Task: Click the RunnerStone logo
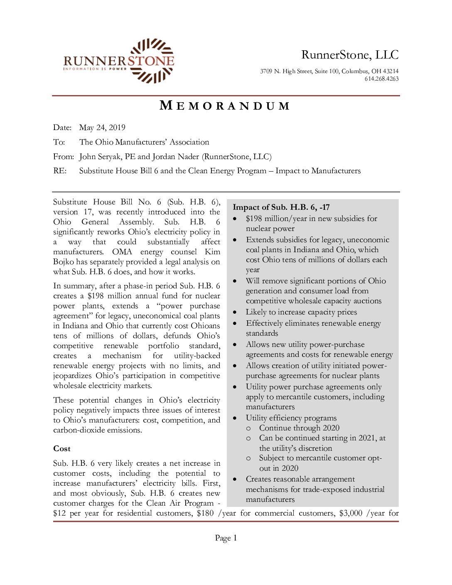[119, 61]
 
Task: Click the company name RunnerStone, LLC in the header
[350, 55]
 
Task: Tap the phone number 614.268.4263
[381, 79]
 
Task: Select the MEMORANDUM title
[225, 106]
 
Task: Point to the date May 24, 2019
[102, 128]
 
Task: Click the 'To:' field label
[59, 142]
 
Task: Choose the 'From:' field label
[63, 157]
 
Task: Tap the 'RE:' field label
[60, 171]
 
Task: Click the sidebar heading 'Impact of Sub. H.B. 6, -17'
[281, 207]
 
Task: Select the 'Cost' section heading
[62, 449]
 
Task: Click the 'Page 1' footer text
[226, 538]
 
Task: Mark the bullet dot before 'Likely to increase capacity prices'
[235, 312]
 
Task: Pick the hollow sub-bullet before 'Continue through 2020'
[248, 428]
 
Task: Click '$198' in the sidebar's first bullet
[254, 219]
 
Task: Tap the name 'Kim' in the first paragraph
[212, 252]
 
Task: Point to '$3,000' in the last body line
[351, 513]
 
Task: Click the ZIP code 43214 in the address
[391, 71]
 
